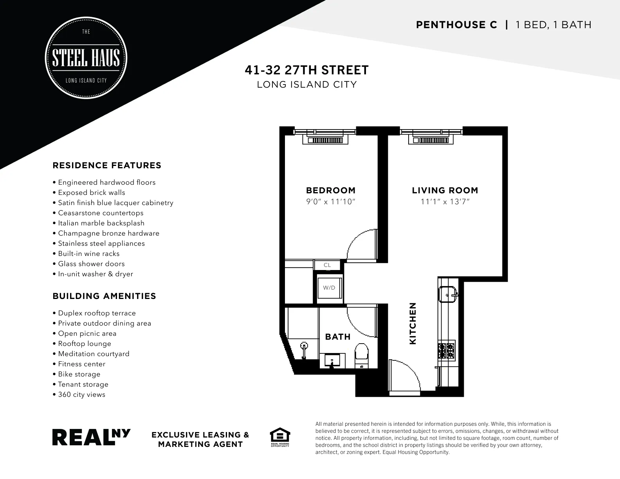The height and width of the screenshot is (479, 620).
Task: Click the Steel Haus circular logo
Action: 86,58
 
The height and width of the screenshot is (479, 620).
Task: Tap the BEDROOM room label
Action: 331,191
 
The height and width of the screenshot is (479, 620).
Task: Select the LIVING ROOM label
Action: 445,191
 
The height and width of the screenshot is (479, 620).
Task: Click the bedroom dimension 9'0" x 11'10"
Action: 331,202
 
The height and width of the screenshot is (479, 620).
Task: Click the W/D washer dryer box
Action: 329,288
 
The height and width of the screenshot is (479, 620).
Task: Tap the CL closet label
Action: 327,265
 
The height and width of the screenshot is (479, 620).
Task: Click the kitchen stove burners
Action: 446,351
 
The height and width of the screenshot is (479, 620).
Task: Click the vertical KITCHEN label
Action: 413,324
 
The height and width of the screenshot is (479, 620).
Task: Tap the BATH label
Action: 338,337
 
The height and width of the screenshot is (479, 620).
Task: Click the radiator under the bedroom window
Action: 325,140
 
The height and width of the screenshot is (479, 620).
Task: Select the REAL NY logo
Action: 91,437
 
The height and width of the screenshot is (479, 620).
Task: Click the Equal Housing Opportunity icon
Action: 280,438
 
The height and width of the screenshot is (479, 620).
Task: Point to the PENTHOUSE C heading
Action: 456,25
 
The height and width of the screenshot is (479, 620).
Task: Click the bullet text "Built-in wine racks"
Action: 89,254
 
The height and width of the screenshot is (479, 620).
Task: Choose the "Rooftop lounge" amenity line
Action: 85,344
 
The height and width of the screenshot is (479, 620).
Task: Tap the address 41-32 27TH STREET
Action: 306,70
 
